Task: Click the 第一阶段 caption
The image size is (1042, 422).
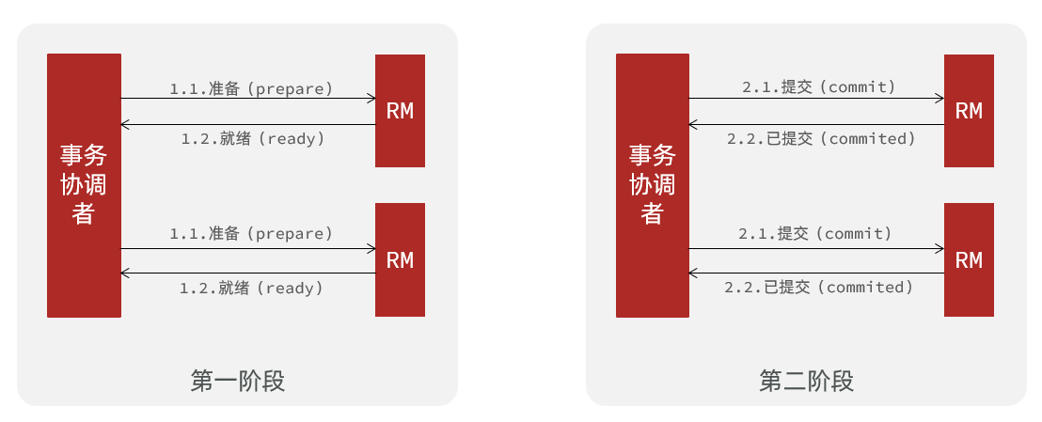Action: (237, 382)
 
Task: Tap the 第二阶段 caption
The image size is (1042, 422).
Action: (806, 382)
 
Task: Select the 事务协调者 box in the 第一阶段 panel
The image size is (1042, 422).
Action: (84, 185)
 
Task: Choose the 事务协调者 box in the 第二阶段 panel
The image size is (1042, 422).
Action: (653, 185)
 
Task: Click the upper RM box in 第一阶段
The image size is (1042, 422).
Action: (400, 110)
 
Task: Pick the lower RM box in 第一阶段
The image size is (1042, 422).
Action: (400, 259)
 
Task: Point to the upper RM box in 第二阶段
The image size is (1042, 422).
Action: (969, 110)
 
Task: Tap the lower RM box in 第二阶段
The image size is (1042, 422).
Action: (969, 259)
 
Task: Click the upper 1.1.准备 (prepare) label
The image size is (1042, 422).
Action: (251, 87)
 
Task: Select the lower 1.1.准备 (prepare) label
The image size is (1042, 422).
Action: (251, 234)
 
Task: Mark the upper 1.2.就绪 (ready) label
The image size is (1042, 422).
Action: (253, 139)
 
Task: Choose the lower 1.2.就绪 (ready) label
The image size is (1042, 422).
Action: (251, 288)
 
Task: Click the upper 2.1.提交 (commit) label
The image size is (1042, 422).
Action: (819, 87)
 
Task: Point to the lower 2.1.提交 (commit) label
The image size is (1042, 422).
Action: (814, 234)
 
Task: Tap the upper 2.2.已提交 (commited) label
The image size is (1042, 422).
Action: (821, 139)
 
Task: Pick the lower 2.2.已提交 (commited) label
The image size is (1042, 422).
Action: (819, 288)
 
